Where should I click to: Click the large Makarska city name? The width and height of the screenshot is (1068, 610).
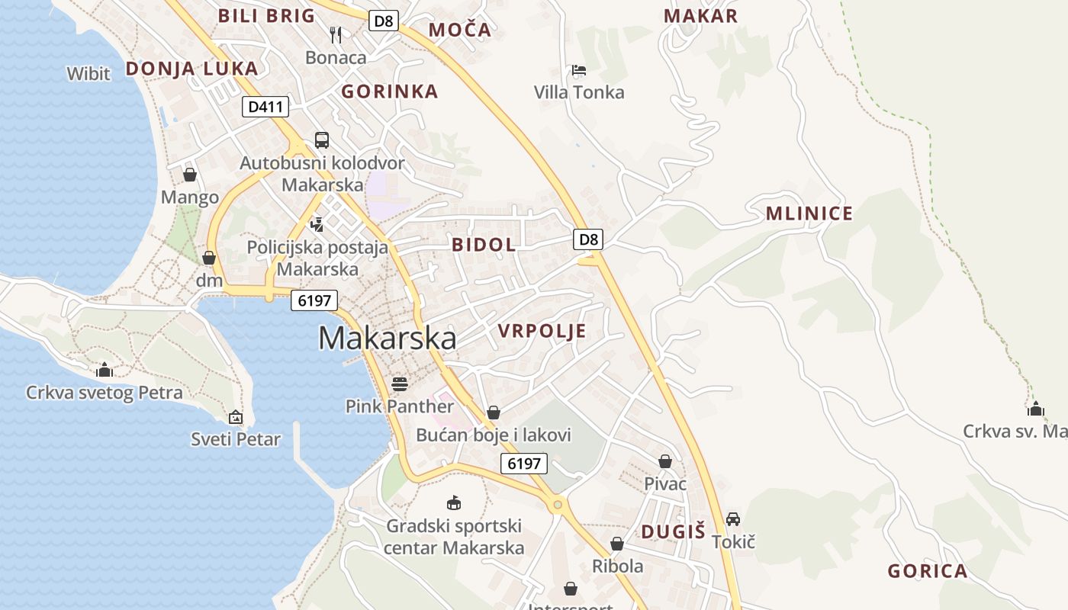387,338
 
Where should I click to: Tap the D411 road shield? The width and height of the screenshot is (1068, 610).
265,107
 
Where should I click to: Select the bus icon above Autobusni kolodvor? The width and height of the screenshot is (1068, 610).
322,140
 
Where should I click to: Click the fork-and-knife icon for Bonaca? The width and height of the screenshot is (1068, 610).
336,34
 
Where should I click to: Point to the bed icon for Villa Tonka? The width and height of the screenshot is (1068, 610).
578,71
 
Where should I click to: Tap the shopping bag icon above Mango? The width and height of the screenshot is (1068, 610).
190,175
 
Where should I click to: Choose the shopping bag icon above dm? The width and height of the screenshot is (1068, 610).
209,258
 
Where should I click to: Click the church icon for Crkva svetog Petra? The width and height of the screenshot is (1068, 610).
105,371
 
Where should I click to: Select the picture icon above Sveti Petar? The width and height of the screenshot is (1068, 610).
236,417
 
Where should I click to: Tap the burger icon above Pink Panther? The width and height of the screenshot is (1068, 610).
399,383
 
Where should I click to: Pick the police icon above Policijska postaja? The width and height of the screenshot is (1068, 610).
317,224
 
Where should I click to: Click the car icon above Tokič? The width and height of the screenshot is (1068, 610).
732,519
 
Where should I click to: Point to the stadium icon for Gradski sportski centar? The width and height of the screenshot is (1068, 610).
454,502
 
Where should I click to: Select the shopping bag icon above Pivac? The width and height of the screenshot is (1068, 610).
665,461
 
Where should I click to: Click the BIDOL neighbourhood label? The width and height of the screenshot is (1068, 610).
484,245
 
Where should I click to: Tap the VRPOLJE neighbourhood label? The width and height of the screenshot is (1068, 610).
542,331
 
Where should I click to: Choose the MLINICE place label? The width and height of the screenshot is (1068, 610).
809,213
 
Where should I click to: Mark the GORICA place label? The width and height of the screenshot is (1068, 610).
927,571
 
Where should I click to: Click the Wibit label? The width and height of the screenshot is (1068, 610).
88,74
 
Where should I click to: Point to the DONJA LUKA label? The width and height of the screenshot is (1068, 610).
191,69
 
